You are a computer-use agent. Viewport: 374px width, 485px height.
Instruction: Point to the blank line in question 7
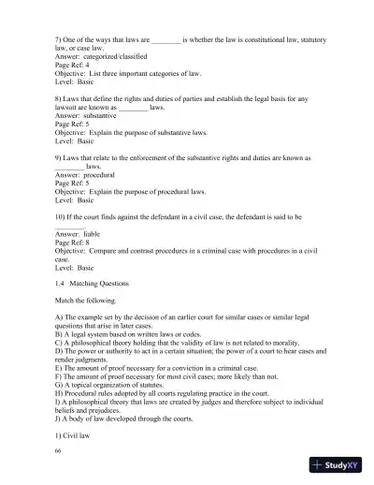[165, 42]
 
